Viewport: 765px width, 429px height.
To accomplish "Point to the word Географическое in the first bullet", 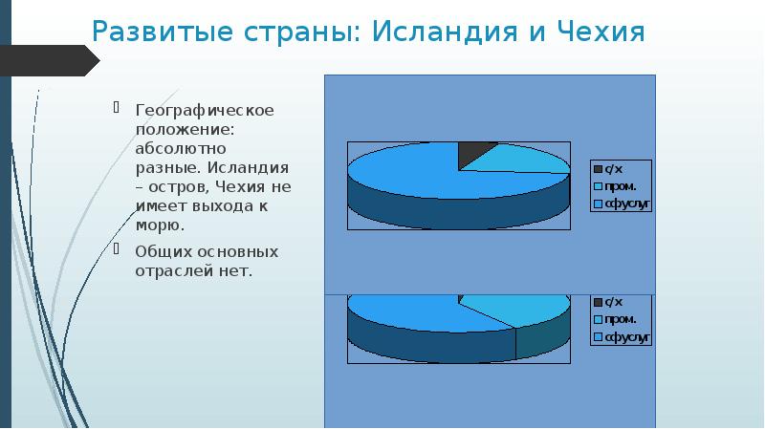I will pyautogui.click(x=204, y=110).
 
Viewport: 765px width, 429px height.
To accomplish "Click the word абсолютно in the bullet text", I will pyautogui.click(x=173, y=149).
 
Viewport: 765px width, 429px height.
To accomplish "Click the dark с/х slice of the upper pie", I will pyautogui.click(x=475, y=152).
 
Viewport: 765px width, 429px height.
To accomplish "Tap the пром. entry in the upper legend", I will pyautogui.click(x=619, y=186).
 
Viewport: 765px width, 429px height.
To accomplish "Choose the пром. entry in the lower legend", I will pyautogui.click(x=619, y=319).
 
